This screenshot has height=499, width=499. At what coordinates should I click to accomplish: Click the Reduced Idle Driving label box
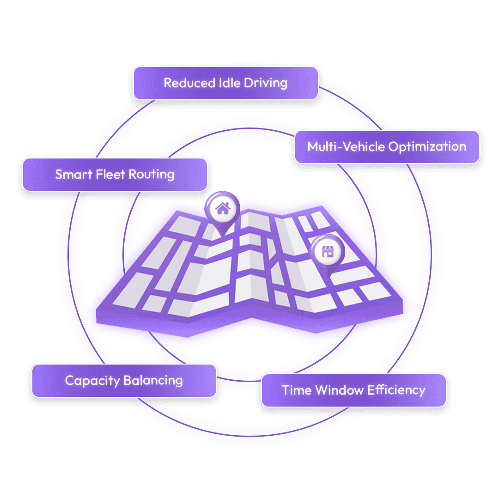(225, 83)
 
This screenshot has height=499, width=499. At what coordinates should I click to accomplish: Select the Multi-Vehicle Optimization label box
(387, 147)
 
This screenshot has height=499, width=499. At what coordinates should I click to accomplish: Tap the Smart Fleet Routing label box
(115, 175)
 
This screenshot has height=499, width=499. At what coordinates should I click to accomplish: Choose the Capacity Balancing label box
(124, 381)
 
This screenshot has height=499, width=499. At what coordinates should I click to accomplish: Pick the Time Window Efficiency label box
(353, 390)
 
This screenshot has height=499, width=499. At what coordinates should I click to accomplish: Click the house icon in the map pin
(223, 208)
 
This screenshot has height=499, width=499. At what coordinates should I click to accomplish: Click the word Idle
(226, 83)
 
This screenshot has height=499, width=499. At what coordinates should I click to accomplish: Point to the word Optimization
(427, 147)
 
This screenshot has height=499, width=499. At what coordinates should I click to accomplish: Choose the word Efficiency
(396, 390)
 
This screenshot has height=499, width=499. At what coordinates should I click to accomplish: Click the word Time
(297, 390)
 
